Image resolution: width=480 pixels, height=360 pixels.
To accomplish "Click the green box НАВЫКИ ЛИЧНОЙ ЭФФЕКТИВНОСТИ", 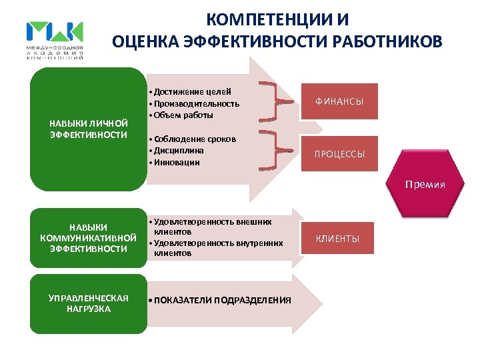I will pos(88,129).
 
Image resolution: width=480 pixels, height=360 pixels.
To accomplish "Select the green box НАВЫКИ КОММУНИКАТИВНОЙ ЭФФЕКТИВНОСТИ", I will pos(88,238).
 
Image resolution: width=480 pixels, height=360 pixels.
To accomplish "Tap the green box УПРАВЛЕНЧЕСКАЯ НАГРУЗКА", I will pos(88,303).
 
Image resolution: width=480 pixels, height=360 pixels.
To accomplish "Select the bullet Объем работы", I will pos(183,115).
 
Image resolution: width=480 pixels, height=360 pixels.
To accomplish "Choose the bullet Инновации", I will pos(177,163).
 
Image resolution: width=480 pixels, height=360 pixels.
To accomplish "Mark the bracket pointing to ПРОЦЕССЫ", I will pos(273,152).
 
